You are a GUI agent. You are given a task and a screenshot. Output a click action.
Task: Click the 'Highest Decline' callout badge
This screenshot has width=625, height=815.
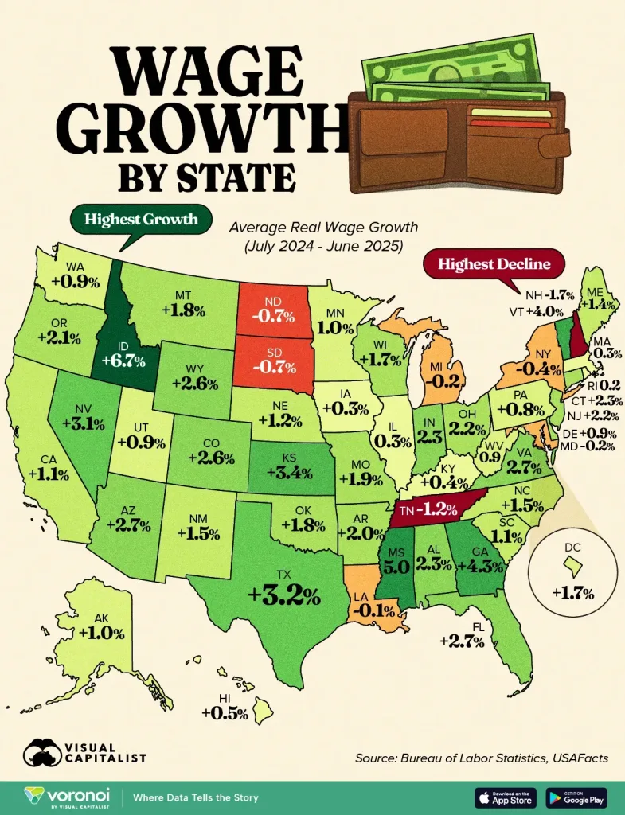(x=488, y=263)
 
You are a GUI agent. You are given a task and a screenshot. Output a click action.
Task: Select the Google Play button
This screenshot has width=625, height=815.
(x=577, y=797)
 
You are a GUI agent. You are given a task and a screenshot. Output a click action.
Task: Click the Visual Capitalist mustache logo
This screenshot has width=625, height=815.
(x=45, y=751)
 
